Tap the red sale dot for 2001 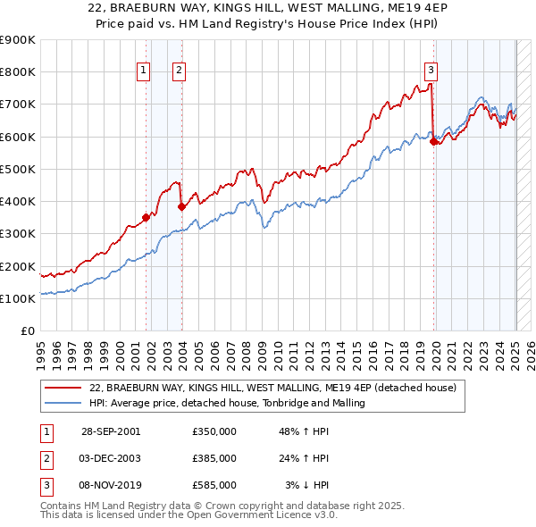[146, 216]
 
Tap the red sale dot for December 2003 [181, 205]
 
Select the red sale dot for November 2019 [433, 140]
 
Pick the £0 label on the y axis [28, 330]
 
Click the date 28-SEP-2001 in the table [110, 431]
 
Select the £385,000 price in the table [214, 458]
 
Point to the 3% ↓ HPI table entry [307, 485]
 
